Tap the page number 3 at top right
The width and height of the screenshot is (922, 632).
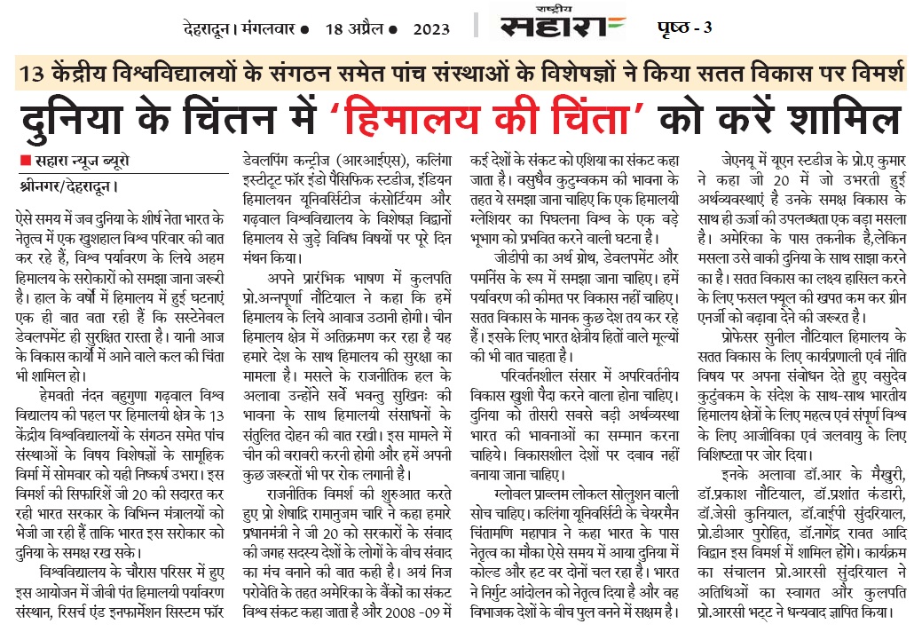click(706, 28)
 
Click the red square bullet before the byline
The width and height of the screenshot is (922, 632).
click(24, 160)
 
